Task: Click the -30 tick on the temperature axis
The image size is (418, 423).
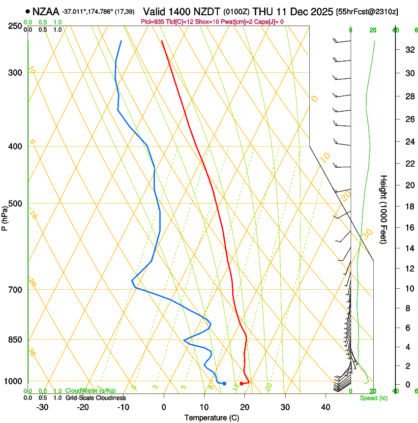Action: pyautogui.click(x=42, y=407)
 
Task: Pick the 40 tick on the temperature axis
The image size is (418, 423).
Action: pyautogui.click(x=326, y=407)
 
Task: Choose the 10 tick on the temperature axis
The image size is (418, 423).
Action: pyautogui.click(x=204, y=407)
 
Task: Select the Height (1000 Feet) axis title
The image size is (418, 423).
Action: pyautogui.click(x=384, y=210)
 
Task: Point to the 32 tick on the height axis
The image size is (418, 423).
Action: pyautogui.click(x=408, y=49)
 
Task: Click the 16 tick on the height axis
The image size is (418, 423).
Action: pyautogui.click(x=408, y=228)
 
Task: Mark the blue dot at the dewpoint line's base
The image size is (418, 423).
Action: pyautogui.click(x=224, y=384)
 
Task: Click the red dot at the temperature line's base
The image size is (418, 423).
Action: pyautogui.click(x=241, y=384)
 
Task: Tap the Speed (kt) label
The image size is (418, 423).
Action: pyautogui.click(x=373, y=398)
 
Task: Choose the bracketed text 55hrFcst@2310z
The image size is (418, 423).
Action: pyautogui.click(x=368, y=11)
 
